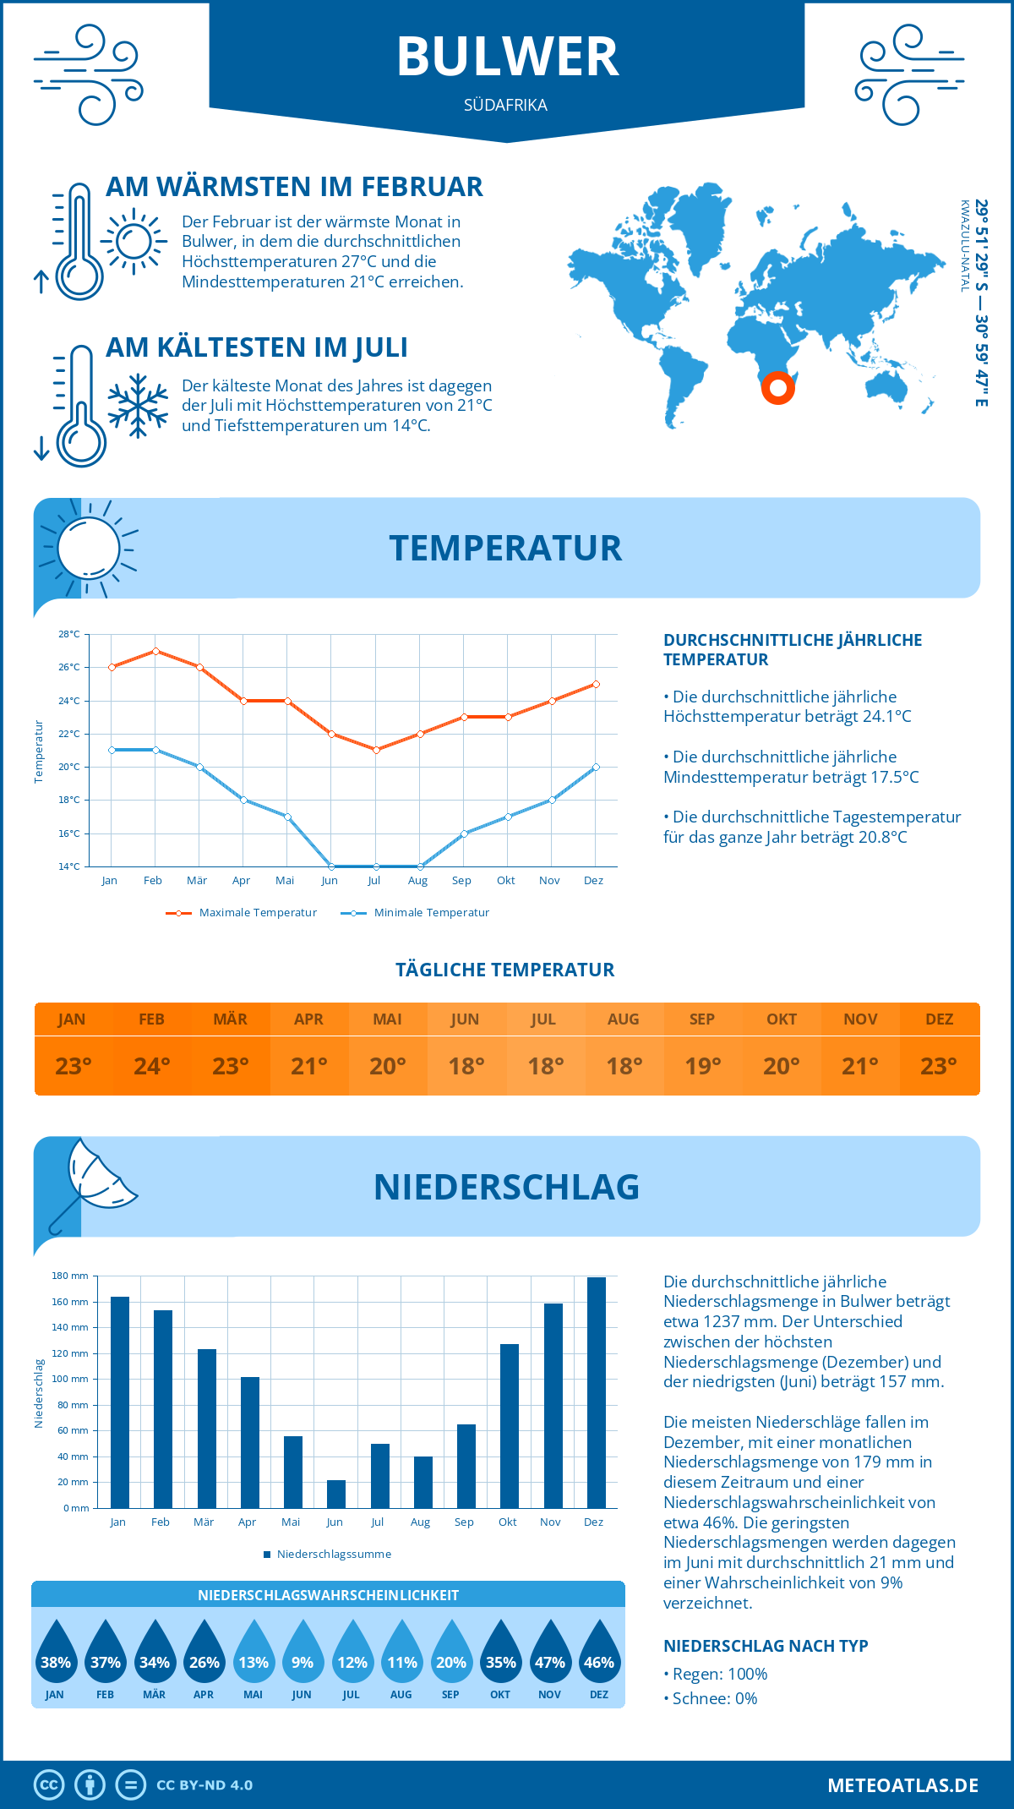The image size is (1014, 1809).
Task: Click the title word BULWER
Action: pyautogui.click(x=507, y=57)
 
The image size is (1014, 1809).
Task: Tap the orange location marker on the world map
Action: pyautogui.click(x=777, y=388)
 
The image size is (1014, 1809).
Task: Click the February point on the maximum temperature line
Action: pyautogui.click(x=155, y=651)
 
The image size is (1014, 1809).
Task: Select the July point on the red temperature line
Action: pyautogui.click(x=376, y=750)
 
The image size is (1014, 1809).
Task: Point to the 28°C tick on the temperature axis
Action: pyautogui.click(x=69, y=634)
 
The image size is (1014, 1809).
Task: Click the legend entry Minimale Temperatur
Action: pyautogui.click(x=431, y=913)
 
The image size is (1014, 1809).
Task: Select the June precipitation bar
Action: pyautogui.click(x=336, y=1494)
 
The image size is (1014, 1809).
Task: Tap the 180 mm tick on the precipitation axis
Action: pyautogui.click(x=71, y=1276)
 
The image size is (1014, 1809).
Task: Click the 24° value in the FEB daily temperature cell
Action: pyautogui.click(x=152, y=1067)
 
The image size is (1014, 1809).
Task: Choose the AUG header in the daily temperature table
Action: pyautogui.click(x=623, y=1019)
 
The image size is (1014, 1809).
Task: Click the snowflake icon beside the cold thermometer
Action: pyautogui.click(x=138, y=406)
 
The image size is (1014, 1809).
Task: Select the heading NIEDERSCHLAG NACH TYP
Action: pyautogui.click(x=766, y=1646)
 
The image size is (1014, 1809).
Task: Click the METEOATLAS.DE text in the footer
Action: pyautogui.click(x=902, y=1785)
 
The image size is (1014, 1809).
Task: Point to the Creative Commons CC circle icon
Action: pyautogui.click(x=49, y=1785)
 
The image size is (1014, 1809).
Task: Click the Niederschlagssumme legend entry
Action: pyautogui.click(x=333, y=1555)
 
